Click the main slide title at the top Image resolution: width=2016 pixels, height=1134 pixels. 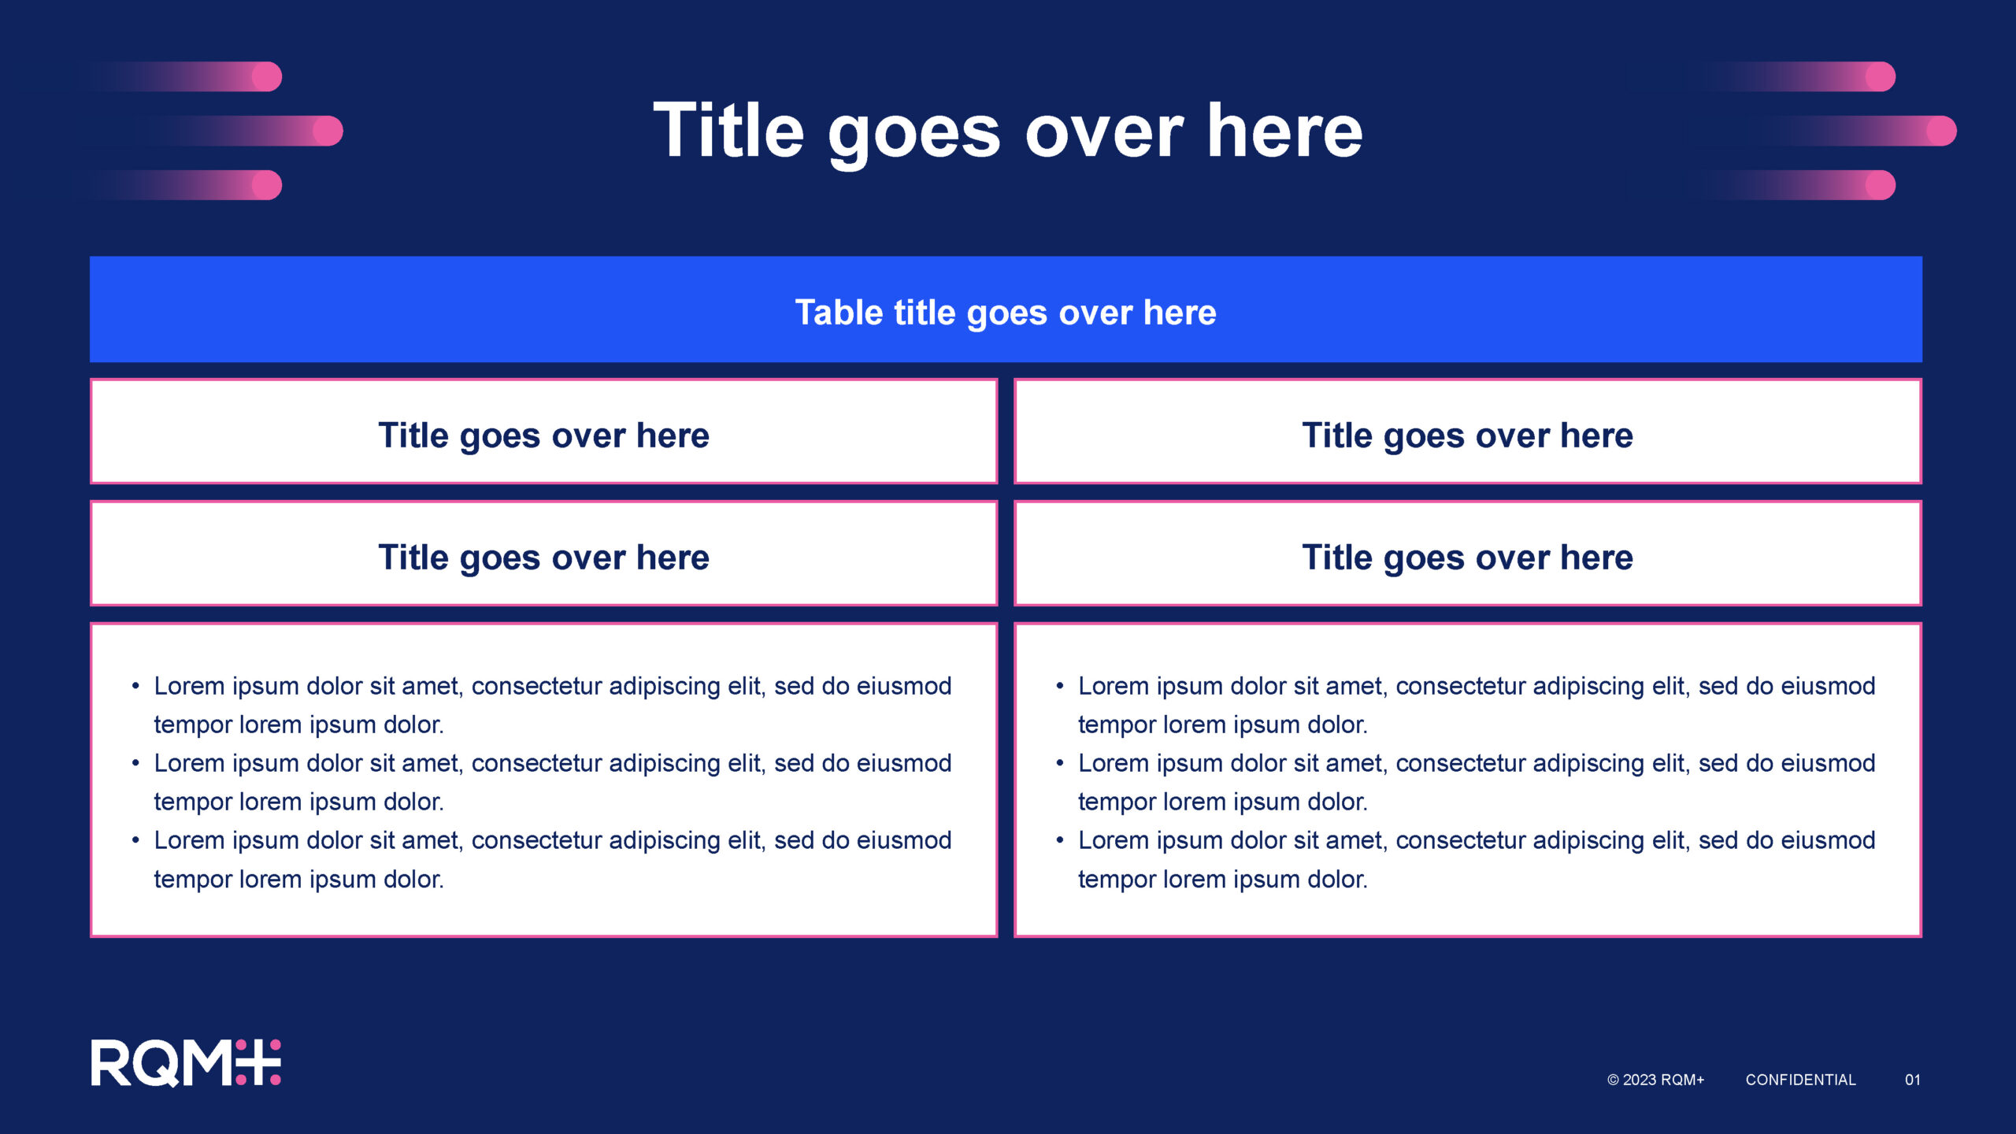(x=1008, y=132)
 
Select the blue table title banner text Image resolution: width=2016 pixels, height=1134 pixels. (x=1006, y=313)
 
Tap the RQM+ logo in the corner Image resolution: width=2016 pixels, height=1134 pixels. (x=186, y=1062)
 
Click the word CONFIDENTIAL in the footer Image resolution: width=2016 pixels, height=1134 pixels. (x=1800, y=1080)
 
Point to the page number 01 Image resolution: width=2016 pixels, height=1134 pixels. (x=1912, y=1080)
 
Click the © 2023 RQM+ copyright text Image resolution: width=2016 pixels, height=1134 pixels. (x=1655, y=1080)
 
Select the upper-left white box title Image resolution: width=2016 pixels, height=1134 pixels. (x=543, y=435)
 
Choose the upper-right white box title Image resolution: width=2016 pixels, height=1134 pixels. (x=1467, y=435)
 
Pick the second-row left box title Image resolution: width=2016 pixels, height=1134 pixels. (x=543, y=558)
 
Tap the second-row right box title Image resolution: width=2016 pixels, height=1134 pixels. (x=1467, y=558)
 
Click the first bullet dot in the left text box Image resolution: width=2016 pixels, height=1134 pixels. (x=135, y=687)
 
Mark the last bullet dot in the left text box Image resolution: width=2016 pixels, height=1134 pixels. (x=135, y=841)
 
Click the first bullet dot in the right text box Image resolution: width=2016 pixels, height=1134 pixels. (x=1060, y=687)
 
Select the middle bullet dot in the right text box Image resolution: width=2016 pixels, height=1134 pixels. (x=1060, y=764)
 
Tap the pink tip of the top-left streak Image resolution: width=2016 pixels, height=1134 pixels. (x=267, y=76)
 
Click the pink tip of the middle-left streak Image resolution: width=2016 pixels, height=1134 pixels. (x=328, y=131)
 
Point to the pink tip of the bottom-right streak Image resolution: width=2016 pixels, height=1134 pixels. (x=1881, y=185)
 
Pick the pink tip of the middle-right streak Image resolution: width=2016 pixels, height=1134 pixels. (x=1942, y=131)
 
